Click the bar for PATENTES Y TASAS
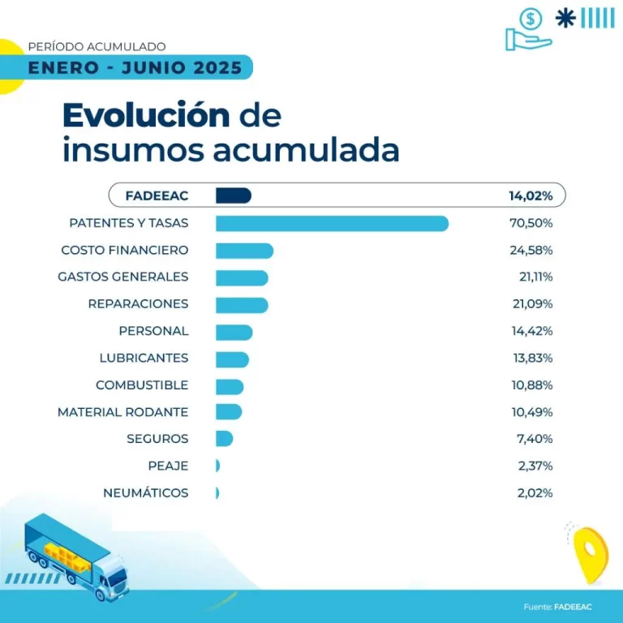click(x=332, y=223)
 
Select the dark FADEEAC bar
click(x=234, y=195)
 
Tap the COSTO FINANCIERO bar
click(x=244, y=250)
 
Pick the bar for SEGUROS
click(x=224, y=439)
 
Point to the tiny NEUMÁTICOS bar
click(x=217, y=493)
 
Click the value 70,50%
click(x=531, y=223)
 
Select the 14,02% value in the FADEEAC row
click(x=531, y=195)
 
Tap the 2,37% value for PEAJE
click(x=535, y=466)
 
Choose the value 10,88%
click(x=531, y=385)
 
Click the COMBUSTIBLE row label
click(x=142, y=385)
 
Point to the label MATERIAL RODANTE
click(x=122, y=412)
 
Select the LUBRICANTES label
click(x=144, y=358)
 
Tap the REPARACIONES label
click(x=138, y=303)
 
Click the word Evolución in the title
click(x=146, y=116)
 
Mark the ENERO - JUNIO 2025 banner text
click(x=135, y=67)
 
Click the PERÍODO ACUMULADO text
click(x=97, y=46)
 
